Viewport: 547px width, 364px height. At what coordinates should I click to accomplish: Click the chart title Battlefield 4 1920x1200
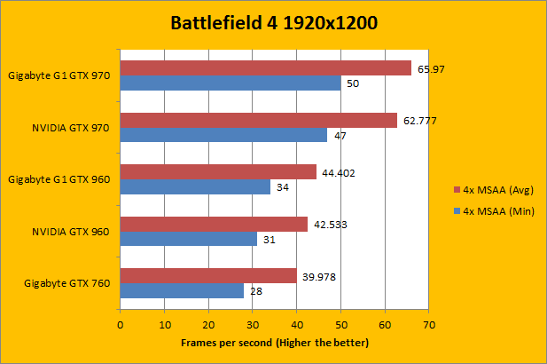(x=274, y=22)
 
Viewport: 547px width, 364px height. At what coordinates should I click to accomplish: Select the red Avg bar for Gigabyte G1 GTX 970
(x=266, y=68)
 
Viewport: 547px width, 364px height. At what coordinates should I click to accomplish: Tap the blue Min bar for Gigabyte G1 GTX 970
(x=231, y=83)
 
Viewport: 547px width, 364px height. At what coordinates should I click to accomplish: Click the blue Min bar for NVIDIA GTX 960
(x=189, y=240)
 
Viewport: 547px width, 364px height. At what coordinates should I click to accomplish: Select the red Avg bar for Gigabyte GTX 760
(x=208, y=276)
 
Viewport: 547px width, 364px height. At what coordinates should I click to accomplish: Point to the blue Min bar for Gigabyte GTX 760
(x=182, y=291)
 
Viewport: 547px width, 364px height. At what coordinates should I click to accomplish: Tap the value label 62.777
(x=421, y=121)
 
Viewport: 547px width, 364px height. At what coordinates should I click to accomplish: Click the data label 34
(x=282, y=187)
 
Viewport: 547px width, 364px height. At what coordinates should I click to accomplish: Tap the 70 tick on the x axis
(x=429, y=325)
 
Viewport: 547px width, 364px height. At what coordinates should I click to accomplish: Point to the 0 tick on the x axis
(x=121, y=325)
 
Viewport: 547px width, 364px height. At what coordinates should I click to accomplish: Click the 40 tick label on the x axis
(x=297, y=325)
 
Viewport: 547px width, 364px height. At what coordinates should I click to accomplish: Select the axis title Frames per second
(x=274, y=342)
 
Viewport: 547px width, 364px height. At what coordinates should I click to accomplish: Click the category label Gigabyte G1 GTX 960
(x=59, y=179)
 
